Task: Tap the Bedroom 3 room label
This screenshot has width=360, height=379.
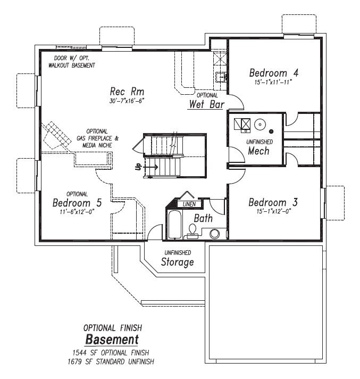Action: pyautogui.click(x=272, y=203)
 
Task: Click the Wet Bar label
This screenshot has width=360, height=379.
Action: pyautogui.click(x=206, y=104)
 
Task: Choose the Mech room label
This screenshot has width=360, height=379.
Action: pyautogui.click(x=259, y=151)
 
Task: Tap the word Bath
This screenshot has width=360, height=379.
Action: pyautogui.click(x=203, y=218)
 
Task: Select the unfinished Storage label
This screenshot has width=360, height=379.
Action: pyautogui.click(x=177, y=262)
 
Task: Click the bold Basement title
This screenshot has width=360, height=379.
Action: pyautogui.click(x=112, y=340)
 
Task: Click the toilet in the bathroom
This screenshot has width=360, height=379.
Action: pyautogui.click(x=193, y=231)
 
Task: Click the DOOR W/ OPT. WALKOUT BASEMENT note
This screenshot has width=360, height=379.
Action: pyautogui.click(x=74, y=61)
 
